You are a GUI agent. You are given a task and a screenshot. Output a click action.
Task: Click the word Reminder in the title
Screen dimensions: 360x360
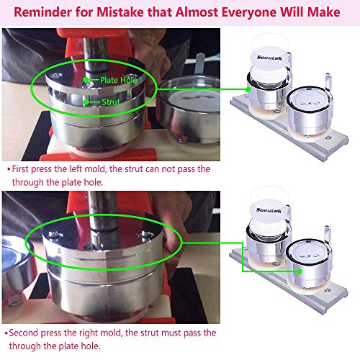tap(42, 12)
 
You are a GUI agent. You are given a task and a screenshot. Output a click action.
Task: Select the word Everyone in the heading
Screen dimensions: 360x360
tap(249, 12)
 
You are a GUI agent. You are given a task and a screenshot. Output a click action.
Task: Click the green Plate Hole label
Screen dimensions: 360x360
tap(119, 80)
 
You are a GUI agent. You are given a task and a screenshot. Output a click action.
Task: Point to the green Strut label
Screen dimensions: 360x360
tap(111, 102)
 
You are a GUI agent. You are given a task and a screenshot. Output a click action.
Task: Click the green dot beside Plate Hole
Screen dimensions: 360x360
tap(86, 80)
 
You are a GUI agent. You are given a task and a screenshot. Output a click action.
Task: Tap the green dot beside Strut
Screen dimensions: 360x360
tap(86, 102)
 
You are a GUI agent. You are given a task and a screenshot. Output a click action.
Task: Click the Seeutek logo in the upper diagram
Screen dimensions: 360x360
tap(269, 58)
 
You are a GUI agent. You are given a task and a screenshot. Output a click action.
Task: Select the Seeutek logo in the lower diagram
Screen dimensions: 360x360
tap(269, 210)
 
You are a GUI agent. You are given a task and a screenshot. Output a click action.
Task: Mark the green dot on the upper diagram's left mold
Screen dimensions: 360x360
tap(248, 90)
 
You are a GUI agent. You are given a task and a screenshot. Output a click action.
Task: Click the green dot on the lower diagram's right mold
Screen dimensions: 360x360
tap(299, 271)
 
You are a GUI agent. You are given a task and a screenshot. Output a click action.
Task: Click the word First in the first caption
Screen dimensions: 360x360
tap(20, 169)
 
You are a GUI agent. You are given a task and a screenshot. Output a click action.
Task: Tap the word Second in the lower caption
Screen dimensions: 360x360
tap(23, 333)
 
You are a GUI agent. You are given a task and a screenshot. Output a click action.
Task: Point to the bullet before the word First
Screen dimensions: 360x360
tap(9, 169)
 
